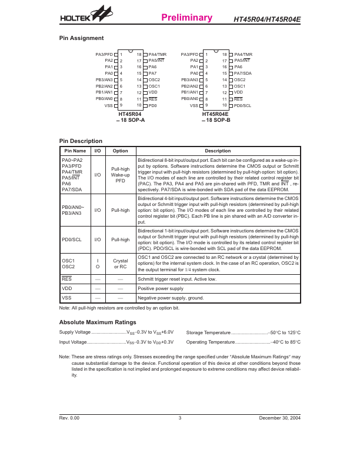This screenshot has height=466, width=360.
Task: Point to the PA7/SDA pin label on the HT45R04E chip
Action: pos(245,73)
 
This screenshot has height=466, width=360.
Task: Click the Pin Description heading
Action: pos(81,141)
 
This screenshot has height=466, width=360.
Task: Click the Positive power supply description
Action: pos(161,288)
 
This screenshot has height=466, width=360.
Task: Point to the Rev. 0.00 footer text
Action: pos(69,418)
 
